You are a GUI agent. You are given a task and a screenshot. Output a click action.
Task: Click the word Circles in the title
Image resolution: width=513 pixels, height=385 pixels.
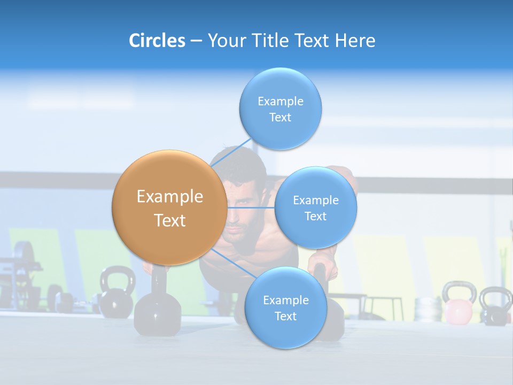157,41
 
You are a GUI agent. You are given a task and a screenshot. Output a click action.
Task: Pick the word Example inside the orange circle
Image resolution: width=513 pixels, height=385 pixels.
170,197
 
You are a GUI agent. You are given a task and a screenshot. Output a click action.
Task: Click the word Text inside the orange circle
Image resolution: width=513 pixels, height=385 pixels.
170,220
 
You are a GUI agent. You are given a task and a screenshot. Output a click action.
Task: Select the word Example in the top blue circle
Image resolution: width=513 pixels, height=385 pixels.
281,101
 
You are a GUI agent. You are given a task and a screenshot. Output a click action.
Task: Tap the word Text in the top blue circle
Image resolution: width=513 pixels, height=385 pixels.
281,118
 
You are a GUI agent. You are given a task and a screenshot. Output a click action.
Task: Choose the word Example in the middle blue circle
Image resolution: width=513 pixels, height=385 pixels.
316,200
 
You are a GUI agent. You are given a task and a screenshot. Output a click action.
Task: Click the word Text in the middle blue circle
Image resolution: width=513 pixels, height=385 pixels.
316,216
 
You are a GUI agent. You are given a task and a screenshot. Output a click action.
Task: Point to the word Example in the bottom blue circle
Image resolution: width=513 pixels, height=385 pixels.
286,300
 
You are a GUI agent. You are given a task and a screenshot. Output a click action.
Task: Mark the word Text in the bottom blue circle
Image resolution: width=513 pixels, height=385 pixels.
286,316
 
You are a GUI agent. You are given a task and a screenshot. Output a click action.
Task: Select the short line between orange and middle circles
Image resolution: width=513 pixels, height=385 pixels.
251,207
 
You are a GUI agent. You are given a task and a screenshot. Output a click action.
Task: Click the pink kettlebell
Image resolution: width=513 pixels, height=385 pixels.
458,307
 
